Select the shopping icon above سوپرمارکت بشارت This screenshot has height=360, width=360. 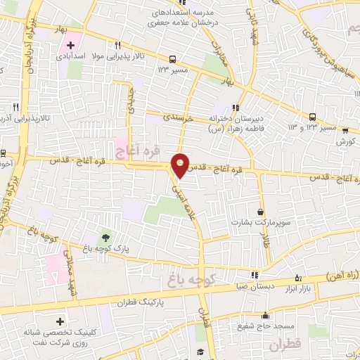pyautogui.click(x=262, y=211)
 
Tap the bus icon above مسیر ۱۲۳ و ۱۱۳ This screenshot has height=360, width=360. pyautogui.click(x=313, y=117)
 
